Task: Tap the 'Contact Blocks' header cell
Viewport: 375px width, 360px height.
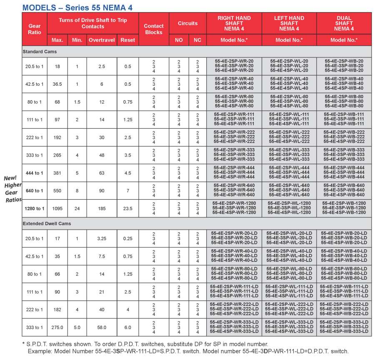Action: [154, 29]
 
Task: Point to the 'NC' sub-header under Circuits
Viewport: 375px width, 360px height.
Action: [197, 40]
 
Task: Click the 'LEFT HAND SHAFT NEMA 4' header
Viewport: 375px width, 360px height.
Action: [289, 23]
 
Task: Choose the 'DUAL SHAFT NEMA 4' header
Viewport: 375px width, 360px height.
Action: [344, 23]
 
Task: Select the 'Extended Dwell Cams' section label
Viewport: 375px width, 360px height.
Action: [47, 223]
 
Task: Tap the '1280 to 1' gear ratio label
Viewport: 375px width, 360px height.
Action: [35, 209]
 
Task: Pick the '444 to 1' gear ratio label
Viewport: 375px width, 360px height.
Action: [35, 173]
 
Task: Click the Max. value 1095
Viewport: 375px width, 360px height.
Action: [57, 209]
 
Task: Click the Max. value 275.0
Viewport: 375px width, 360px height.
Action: [57, 328]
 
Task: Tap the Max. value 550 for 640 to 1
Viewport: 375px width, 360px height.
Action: [57, 191]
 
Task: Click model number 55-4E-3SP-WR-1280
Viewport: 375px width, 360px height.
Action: [234, 208]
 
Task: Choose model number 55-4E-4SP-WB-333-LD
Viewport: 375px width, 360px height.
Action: [344, 332]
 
